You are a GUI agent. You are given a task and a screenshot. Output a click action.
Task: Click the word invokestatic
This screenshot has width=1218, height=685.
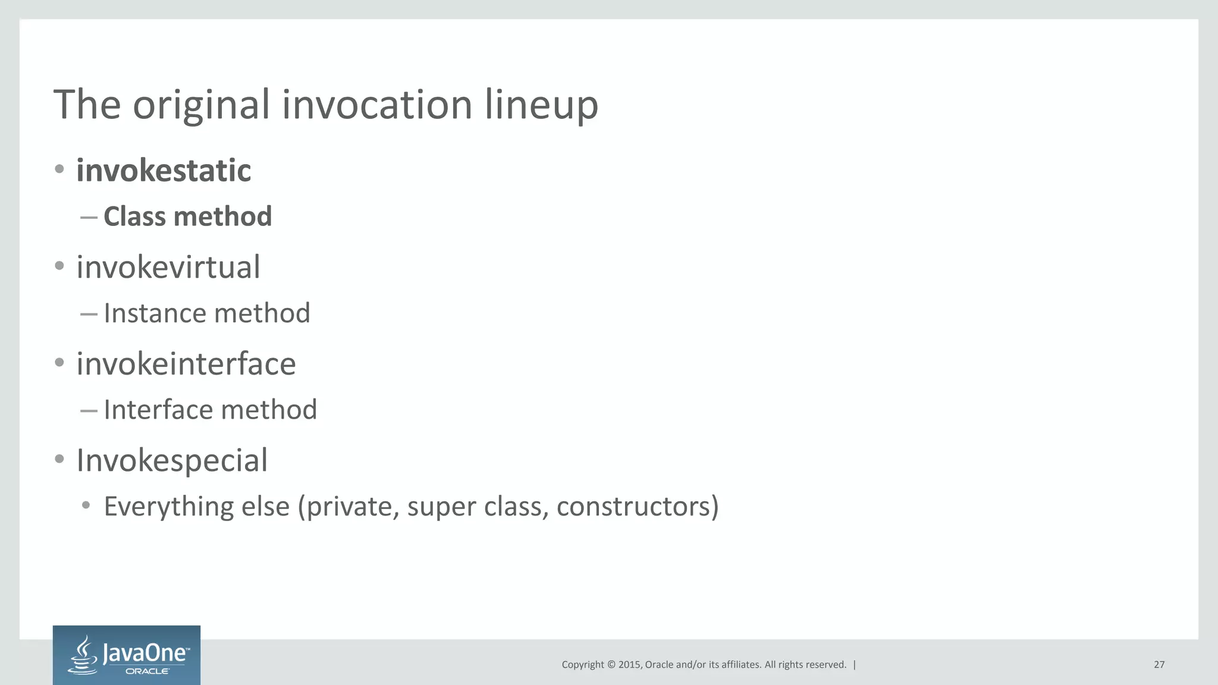(164, 171)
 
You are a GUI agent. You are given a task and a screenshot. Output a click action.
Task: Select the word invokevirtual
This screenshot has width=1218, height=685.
(168, 267)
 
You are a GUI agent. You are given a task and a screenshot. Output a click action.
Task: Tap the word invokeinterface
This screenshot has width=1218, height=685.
(186, 364)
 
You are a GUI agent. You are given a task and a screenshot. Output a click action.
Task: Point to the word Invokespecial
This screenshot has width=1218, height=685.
(172, 460)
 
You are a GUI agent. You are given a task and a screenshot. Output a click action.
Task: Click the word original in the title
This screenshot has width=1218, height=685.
(201, 105)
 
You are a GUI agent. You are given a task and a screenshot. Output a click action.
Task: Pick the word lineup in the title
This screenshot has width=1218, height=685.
(541, 105)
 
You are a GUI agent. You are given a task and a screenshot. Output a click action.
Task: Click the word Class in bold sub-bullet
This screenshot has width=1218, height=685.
(134, 216)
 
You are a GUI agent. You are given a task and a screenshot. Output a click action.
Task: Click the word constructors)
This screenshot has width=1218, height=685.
(638, 507)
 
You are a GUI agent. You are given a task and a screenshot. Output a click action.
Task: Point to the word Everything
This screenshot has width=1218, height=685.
(168, 507)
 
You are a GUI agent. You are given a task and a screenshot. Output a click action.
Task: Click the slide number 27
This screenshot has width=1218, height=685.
(1159, 665)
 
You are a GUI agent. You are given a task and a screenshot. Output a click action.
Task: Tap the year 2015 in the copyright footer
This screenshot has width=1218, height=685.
(629, 665)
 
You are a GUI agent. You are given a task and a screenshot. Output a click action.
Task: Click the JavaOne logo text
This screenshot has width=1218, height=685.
(145, 653)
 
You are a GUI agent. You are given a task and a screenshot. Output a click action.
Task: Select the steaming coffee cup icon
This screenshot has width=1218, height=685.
(84, 655)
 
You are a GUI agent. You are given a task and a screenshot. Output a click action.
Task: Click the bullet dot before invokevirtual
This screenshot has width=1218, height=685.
(59, 266)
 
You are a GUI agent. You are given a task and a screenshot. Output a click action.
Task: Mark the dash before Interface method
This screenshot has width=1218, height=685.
(89, 410)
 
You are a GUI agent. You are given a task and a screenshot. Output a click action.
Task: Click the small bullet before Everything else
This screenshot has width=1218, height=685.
(86, 505)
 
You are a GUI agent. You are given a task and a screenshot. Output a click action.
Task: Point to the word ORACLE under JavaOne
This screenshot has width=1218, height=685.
(147, 671)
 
